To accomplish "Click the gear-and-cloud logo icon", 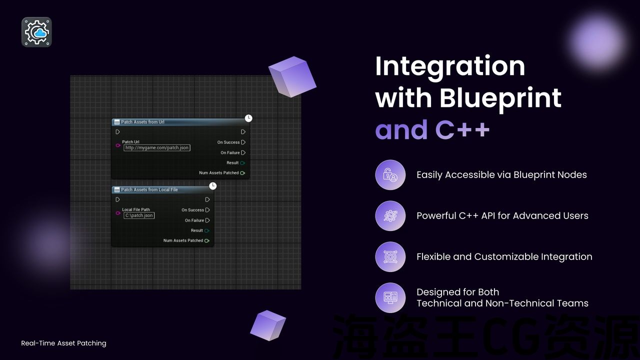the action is coord(36,32).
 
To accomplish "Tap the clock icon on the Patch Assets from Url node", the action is coord(248,118).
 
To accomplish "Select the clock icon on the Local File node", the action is coord(213,186).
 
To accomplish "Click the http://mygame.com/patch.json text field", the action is coord(157,147).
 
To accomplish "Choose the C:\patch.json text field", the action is coord(139,215).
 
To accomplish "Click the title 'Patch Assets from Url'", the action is coord(142,122).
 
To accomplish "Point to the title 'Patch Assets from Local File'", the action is coord(149,189).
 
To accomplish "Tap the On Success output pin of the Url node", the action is coord(243,142).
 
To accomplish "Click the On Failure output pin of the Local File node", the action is coord(207,220).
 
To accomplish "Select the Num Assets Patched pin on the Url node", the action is coord(242,173).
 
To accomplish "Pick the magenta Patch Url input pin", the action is coord(118,145).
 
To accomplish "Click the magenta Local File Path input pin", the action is coord(118,213).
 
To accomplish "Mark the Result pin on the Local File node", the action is coord(207,230).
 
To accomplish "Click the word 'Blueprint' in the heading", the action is coord(500,98).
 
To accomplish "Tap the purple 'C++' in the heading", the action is coord(462,129).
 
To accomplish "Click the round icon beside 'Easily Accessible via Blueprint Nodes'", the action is coord(390,175).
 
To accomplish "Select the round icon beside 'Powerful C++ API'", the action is coord(390,215).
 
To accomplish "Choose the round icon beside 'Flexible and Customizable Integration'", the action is coord(390,257).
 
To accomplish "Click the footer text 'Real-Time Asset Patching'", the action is coord(63,343).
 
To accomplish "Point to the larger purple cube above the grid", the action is coord(292,76).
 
